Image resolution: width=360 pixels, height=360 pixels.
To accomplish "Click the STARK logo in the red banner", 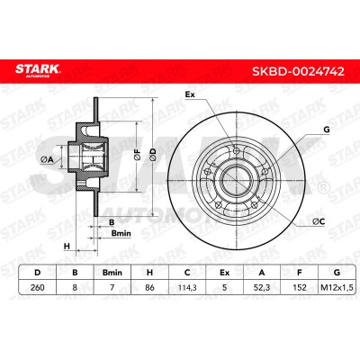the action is [x=38, y=70].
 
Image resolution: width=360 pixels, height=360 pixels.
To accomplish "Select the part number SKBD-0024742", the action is [x=298, y=71].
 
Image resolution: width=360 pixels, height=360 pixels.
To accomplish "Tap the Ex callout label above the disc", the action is [x=190, y=94].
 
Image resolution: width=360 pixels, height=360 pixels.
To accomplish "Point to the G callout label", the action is [x=327, y=130].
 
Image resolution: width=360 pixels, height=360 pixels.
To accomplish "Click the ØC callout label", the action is [x=319, y=221].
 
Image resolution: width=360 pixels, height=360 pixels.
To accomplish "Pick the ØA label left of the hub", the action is [x=47, y=160].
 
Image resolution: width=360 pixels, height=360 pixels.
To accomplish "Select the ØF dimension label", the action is [x=137, y=154].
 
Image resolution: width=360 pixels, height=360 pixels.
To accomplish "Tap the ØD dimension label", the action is [x=153, y=154].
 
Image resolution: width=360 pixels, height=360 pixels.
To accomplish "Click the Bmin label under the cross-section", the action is [x=121, y=233].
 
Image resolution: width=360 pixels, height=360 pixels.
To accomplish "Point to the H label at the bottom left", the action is [x=67, y=247].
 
